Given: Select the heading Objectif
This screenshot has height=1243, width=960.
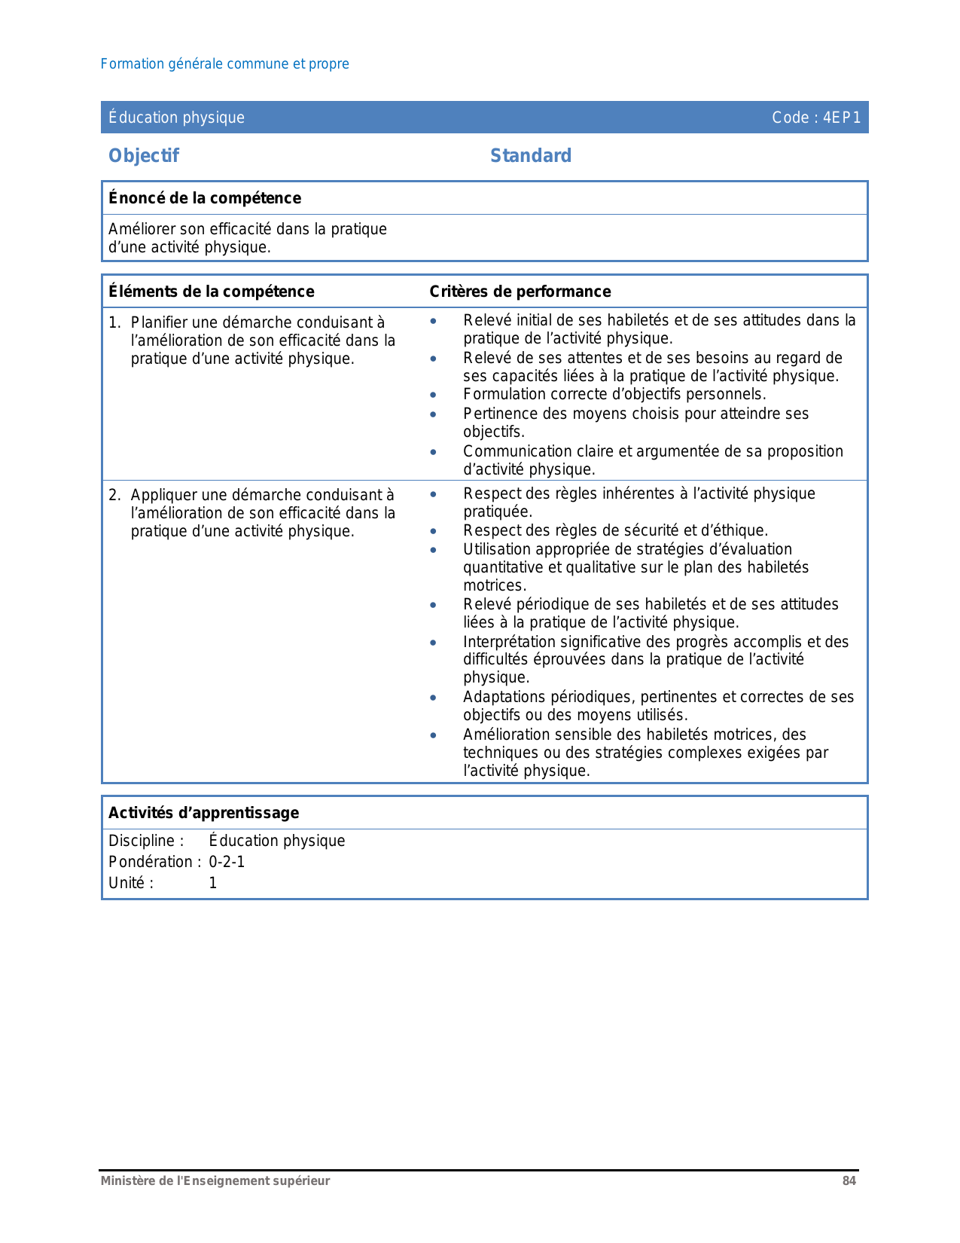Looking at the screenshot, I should (144, 156).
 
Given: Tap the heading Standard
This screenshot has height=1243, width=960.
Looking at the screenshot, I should (531, 156).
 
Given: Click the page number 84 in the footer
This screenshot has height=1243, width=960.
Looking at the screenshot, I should (849, 1181).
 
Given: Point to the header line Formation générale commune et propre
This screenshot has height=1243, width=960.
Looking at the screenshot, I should (224, 64).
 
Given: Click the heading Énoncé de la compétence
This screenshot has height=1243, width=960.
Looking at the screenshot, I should (205, 198).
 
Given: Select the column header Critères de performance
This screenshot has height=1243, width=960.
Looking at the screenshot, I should (520, 292).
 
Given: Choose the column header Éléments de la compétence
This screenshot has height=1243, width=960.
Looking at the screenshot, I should (212, 292).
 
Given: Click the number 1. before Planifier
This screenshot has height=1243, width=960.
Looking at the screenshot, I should (114, 323).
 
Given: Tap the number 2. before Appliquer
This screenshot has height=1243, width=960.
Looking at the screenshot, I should (114, 496).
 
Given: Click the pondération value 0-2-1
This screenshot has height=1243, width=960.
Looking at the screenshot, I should (227, 862).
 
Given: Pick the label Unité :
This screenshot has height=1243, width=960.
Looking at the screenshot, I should (131, 883).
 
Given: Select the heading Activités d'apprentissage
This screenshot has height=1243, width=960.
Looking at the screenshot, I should (204, 813).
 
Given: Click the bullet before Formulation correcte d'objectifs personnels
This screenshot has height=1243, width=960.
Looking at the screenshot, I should (433, 395).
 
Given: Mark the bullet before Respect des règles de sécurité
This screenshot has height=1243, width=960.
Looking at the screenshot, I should (433, 531).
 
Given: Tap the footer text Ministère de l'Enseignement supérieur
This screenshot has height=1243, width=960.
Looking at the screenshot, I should (215, 1181).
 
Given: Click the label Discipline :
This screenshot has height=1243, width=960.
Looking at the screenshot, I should (146, 841).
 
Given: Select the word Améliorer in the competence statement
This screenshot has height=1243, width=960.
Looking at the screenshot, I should (142, 229).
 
